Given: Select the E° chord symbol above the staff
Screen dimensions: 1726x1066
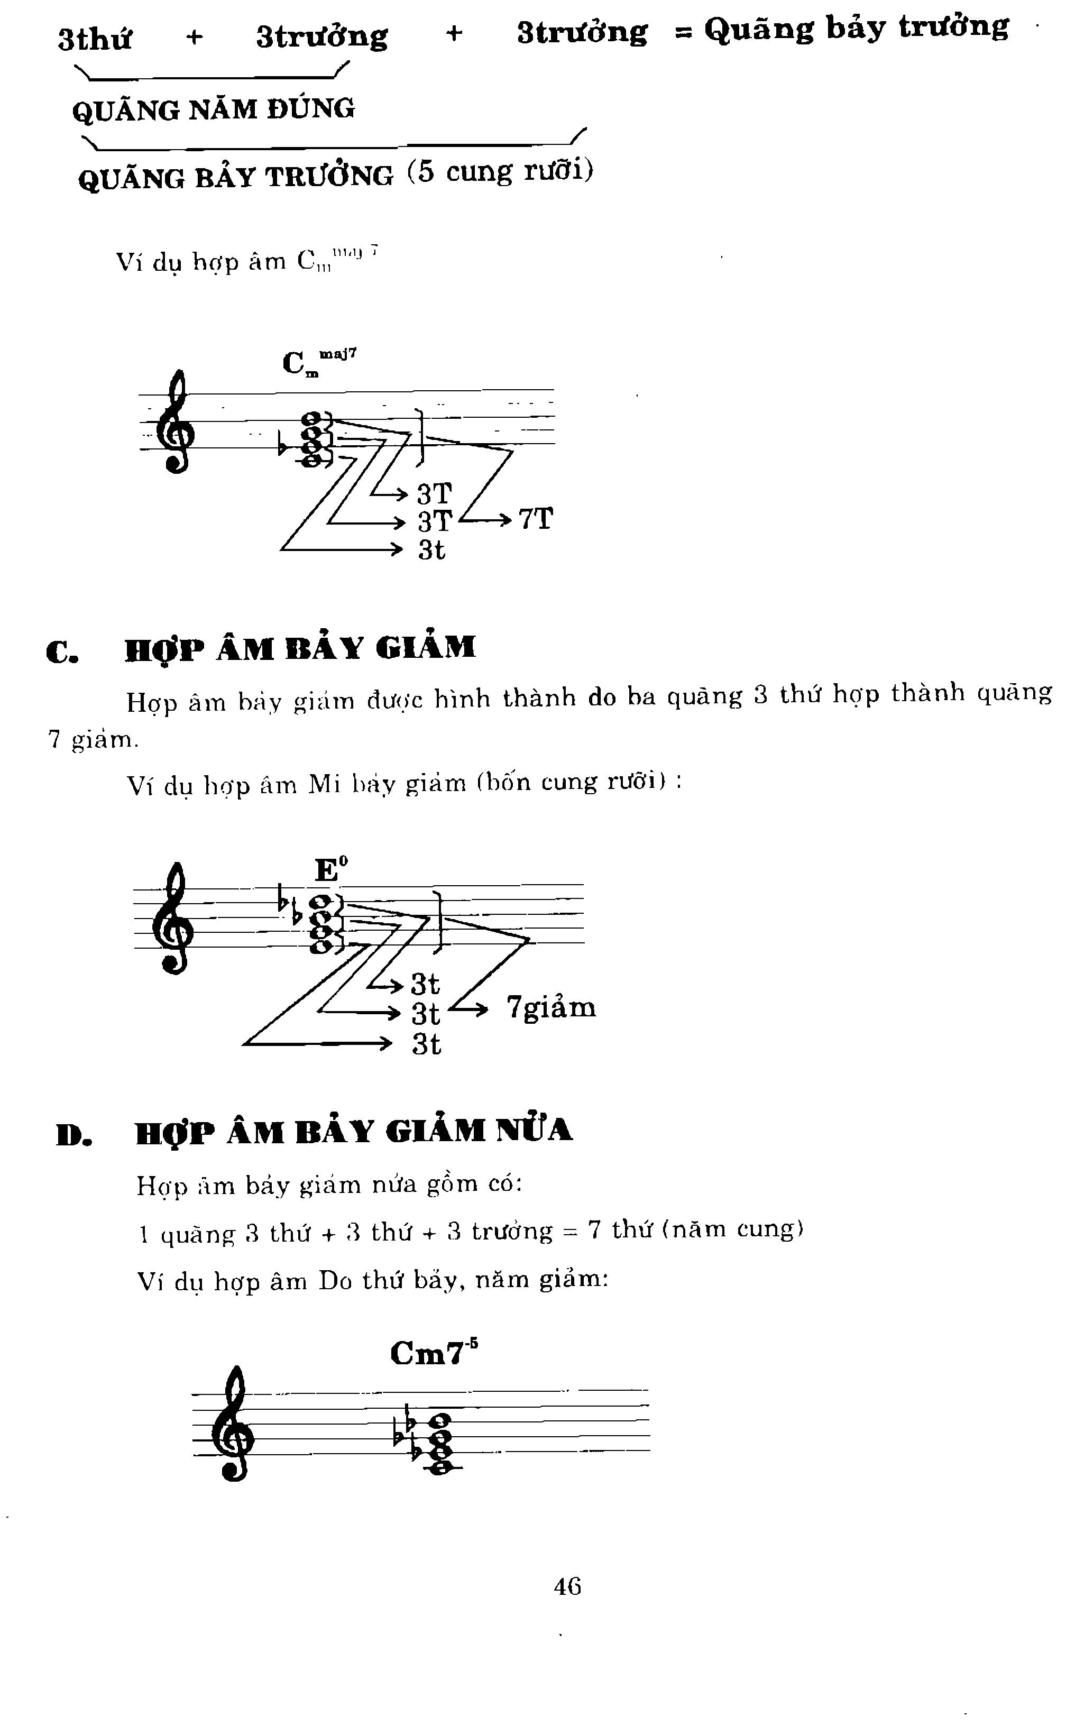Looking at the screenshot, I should (x=330, y=869).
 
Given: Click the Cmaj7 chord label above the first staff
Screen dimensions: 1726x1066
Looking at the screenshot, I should (x=318, y=362).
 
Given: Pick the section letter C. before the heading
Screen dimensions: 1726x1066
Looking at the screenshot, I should (x=62, y=651).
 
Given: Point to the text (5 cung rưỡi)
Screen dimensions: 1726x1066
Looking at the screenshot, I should (x=500, y=171).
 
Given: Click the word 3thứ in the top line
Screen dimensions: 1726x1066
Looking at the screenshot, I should (x=95, y=39).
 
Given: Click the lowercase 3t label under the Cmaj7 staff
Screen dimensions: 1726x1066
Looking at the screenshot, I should (x=431, y=549).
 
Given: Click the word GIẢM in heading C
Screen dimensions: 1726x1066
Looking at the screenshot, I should (x=425, y=647).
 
